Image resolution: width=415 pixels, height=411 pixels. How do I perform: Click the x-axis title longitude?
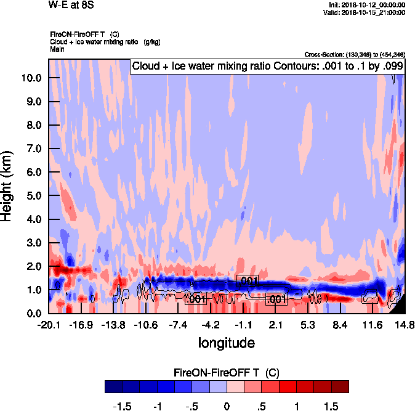(x=226, y=342)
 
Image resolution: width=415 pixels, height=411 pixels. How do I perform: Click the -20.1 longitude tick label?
(x=49, y=325)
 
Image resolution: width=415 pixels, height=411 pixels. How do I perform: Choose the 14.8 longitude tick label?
(x=404, y=325)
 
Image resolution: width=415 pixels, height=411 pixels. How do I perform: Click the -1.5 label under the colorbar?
(x=123, y=407)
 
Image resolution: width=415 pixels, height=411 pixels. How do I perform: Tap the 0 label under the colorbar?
(x=227, y=407)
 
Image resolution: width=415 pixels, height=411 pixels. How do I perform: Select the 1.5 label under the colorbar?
(x=331, y=407)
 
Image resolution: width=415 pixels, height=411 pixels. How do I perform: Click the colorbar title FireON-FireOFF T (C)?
(x=227, y=373)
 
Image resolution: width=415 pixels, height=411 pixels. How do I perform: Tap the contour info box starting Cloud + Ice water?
(x=267, y=67)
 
